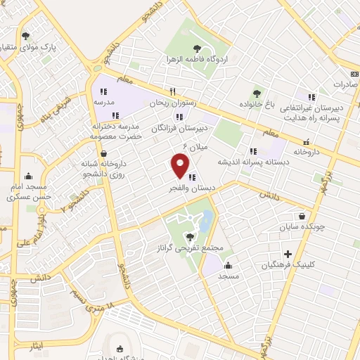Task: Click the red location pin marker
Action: tap(180, 166)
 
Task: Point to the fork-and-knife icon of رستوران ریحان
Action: tap(172, 91)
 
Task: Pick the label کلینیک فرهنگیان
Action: tap(288, 265)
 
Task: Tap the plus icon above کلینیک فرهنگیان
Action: tap(288, 253)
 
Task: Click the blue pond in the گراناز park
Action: tap(207, 220)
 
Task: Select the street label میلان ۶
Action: tap(195, 145)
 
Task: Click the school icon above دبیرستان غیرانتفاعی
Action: tap(311, 96)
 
